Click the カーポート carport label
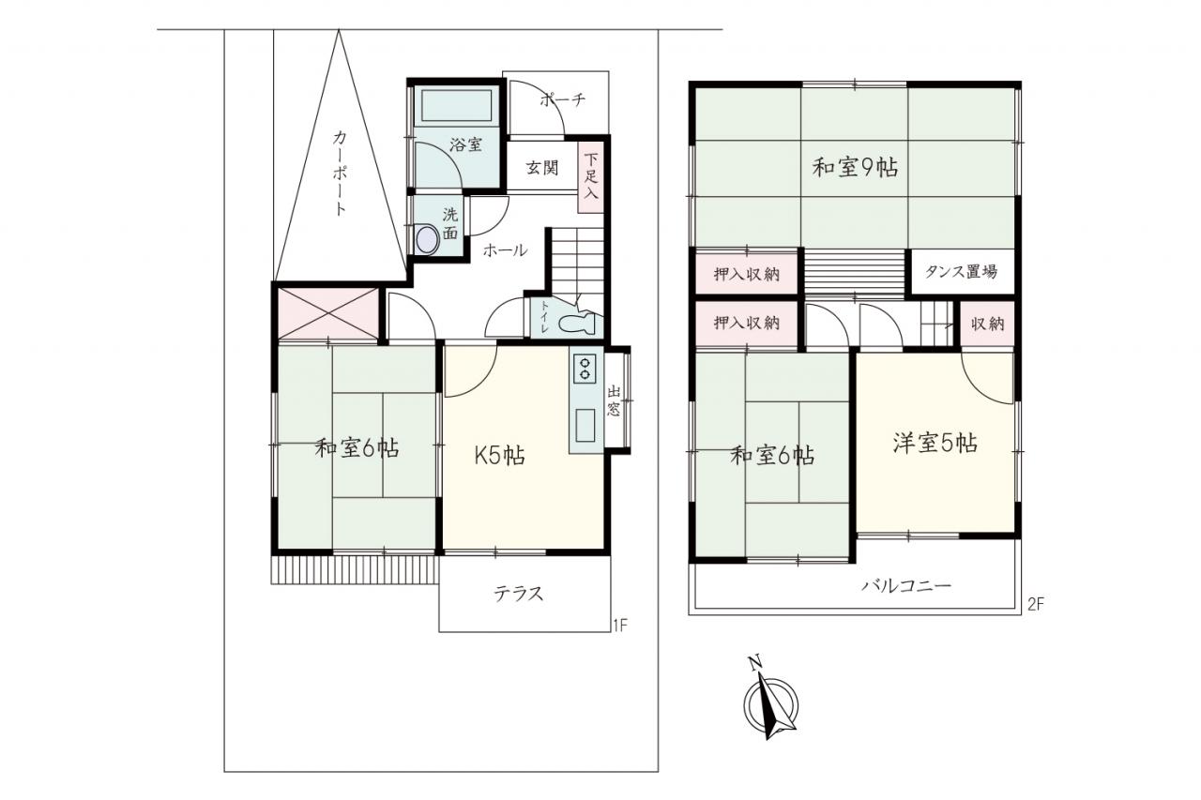pyautogui.click(x=340, y=173)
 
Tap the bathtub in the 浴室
pyautogui.click(x=456, y=106)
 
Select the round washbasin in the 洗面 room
pyautogui.click(x=428, y=239)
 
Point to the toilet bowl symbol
pyautogui.click(x=577, y=323)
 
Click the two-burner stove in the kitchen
pyautogui.click(x=585, y=369)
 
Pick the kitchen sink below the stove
pyautogui.click(x=585, y=426)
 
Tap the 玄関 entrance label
pyautogui.click(x=542, y=168)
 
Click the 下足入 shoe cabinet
pyautogui.click(x=591, y=177)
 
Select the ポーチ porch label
pyautogui.click(x=562, y=99)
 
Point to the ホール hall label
pyautogui.click(x=505, y=250)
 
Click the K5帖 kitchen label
pyautogui.click(x=500, y=456)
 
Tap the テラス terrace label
pyautogui.click(x=519, y=594)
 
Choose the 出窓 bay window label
pyautogui.click(x=614, y=400)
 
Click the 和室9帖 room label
pyautogui.click(x=855, y=168)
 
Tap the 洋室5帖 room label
pyautogui.click(x=935, y=443)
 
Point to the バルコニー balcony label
pyautogui.click(x=906, y=585)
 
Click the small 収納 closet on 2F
pyautogui.click(x=987, y=324)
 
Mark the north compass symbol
pyautogui.click(x=770, y=702)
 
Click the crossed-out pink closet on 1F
pyautogui.click(x=328, y=314)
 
